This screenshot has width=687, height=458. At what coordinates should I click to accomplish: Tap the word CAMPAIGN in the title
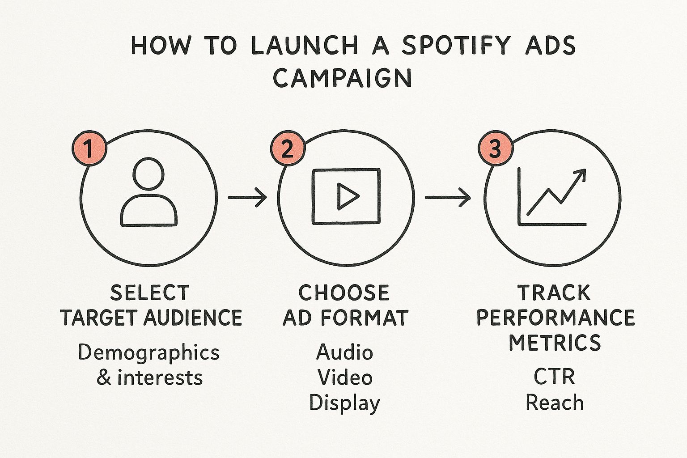tap(342, 78)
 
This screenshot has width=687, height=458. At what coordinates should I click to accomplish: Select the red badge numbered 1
tap(89, 148)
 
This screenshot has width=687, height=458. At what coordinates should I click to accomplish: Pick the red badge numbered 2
tap(288, 148)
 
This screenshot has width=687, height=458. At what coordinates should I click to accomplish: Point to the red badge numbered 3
tap(496, 148)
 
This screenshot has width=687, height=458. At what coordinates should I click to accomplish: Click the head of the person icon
tap(148, 174)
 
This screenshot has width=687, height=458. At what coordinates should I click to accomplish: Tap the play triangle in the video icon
tap(347, 196)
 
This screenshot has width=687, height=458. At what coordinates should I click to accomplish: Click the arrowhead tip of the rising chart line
tap(585, 170)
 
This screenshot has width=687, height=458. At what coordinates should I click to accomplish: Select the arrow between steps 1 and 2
tap(247, 198)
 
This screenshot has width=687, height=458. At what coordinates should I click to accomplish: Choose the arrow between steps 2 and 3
tap(448, 198)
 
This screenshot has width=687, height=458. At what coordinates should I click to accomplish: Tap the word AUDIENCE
tap(193, 318)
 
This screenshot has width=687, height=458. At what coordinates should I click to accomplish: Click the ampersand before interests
tap(104, 378)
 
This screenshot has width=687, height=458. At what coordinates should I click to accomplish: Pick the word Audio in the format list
tap(344, 352)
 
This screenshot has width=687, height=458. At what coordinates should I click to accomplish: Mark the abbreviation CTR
tap(554, 377)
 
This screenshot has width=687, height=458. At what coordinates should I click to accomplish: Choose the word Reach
tap(555, 402)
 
